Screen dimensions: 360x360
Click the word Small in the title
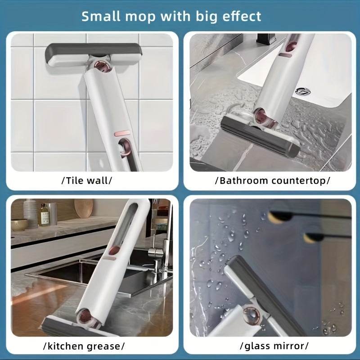(x=100, y=16)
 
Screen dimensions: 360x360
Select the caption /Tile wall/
(x=86, y=181)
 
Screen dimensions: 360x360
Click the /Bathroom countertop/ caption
(x=273, y=181)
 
